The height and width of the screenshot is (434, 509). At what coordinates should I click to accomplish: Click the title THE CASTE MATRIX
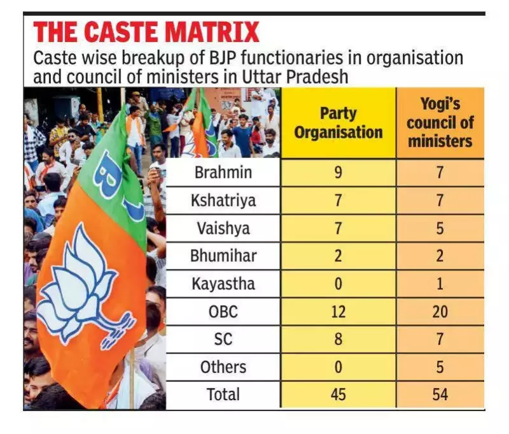click(x=146, y=32)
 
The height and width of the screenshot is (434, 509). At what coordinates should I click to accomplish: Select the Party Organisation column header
click(x=338, y=123)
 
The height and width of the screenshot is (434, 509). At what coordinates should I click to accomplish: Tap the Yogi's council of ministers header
click(x=440, y=123)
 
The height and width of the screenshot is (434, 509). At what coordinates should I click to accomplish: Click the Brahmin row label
click(x=223, y=172)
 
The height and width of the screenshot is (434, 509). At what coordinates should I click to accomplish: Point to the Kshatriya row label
click(x=223, y=200)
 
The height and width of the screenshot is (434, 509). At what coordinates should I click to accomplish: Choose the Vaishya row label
click(x=223, y=228)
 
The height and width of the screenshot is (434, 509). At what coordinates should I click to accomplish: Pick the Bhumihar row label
click(x=223, y=256)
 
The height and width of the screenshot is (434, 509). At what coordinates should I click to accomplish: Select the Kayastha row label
click(x=223, y=284)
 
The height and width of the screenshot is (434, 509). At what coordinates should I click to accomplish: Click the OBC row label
click(x=223, y=311)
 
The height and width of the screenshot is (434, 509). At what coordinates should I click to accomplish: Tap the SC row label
click(x=223, y=339)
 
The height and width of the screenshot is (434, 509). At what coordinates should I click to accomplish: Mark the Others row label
click(x=223, y=366)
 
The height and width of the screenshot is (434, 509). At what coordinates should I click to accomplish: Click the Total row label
click(x=223, y=394)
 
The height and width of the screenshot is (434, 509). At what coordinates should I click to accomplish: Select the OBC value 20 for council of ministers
click(x=440, y=311)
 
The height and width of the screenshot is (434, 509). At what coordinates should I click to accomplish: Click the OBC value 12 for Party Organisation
click(x=338, y=311)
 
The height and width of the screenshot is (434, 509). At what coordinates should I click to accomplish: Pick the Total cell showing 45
click(x=338, y=394)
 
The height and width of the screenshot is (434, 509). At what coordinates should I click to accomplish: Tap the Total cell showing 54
click(x=440, y=394)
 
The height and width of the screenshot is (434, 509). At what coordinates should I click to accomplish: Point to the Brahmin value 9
click(x=338, y=172)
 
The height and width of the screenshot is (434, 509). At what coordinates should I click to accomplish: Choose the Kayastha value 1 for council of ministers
click(x=440, y=284)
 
